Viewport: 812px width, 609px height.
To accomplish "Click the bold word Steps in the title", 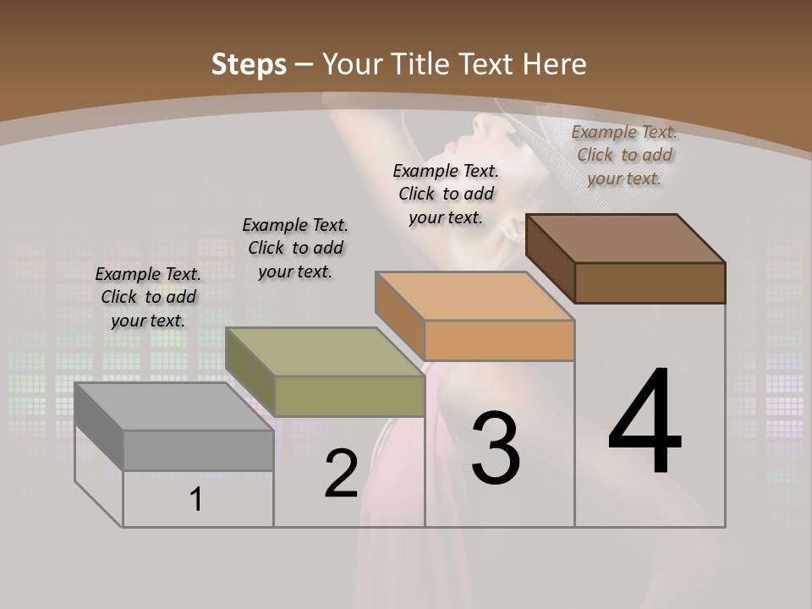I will [249, 64].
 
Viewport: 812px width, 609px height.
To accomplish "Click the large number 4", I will [645, 423].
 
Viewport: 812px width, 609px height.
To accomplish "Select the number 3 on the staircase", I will [496, 448].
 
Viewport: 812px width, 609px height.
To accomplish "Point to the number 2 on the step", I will [341, 475].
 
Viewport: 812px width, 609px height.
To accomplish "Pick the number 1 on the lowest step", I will [195, 500].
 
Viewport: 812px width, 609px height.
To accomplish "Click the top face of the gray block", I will [174, 407].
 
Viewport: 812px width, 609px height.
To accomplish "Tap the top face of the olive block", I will [325, 352].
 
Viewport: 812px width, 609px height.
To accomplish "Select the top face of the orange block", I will [475, 295].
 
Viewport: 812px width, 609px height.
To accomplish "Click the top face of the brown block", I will [626, 239].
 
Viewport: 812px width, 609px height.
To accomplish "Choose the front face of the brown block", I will [650, 283].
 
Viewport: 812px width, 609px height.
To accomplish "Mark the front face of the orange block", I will [499, 340].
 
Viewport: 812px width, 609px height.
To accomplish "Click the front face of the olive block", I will [349, 396].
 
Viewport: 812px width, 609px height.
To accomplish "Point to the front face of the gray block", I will [199, 450].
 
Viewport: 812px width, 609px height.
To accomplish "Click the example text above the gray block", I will [148, 297].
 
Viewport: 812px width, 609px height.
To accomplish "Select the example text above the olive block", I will [295, 248].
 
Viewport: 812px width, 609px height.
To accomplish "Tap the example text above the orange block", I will [446, 194].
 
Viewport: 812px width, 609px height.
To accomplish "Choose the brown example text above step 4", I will [624, 155].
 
